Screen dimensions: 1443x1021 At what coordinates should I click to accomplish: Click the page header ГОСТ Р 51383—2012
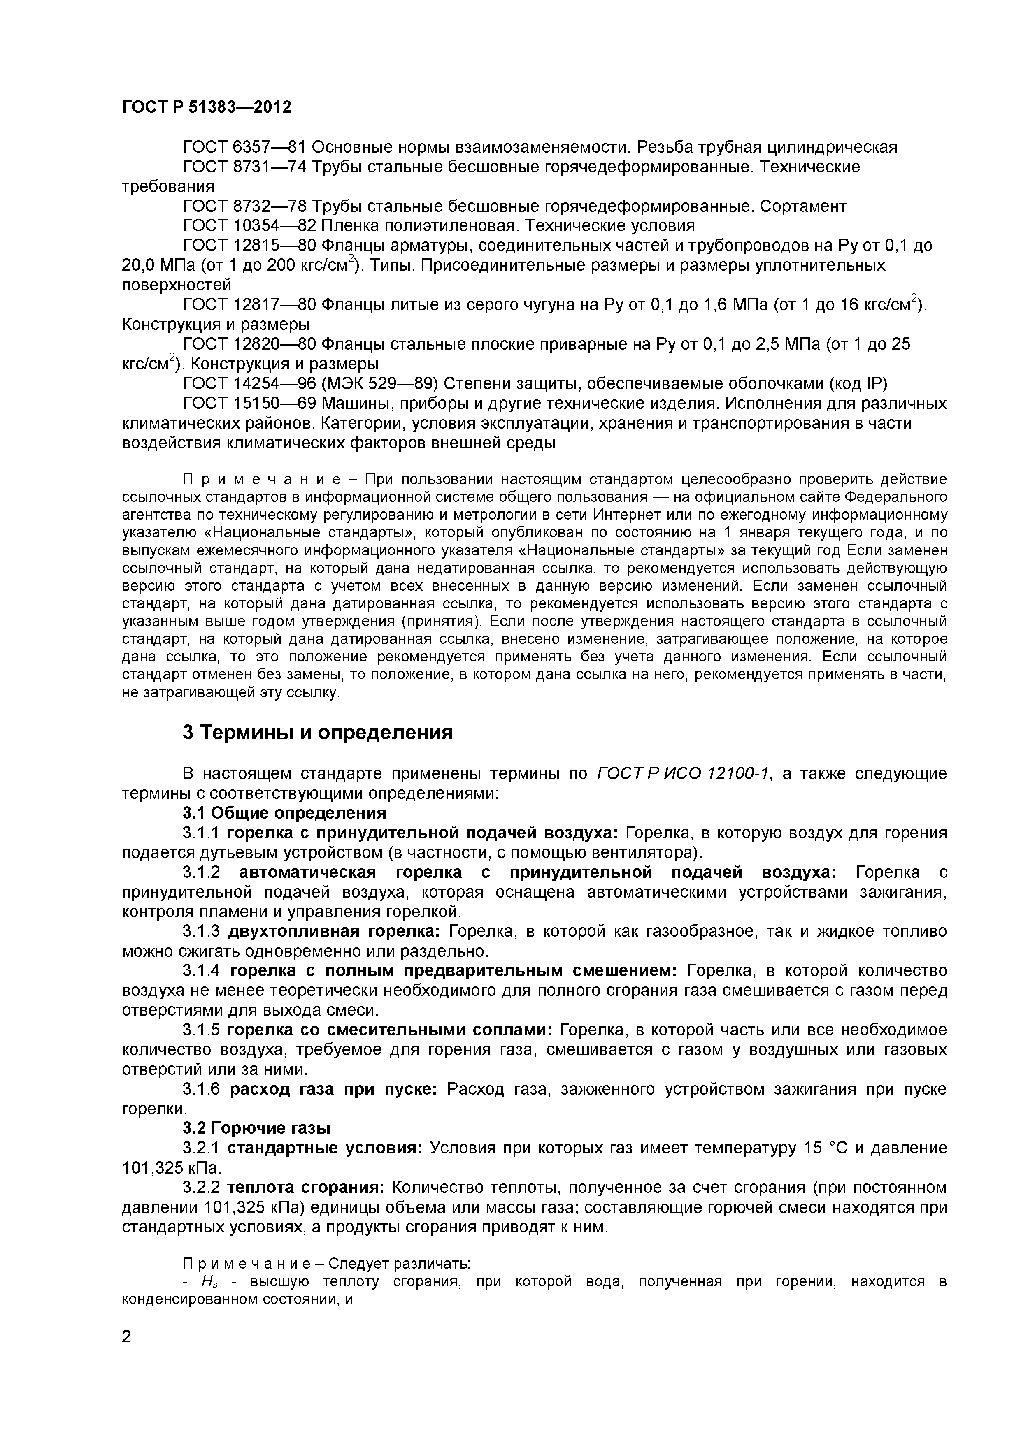tap(206, 107)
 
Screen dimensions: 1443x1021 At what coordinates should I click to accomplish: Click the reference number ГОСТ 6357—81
tap(244, 148)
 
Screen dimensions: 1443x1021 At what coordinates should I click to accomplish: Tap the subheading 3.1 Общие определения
tap(284, 813)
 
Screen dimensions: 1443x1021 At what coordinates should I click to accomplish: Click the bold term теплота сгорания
tap(305, 1187)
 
